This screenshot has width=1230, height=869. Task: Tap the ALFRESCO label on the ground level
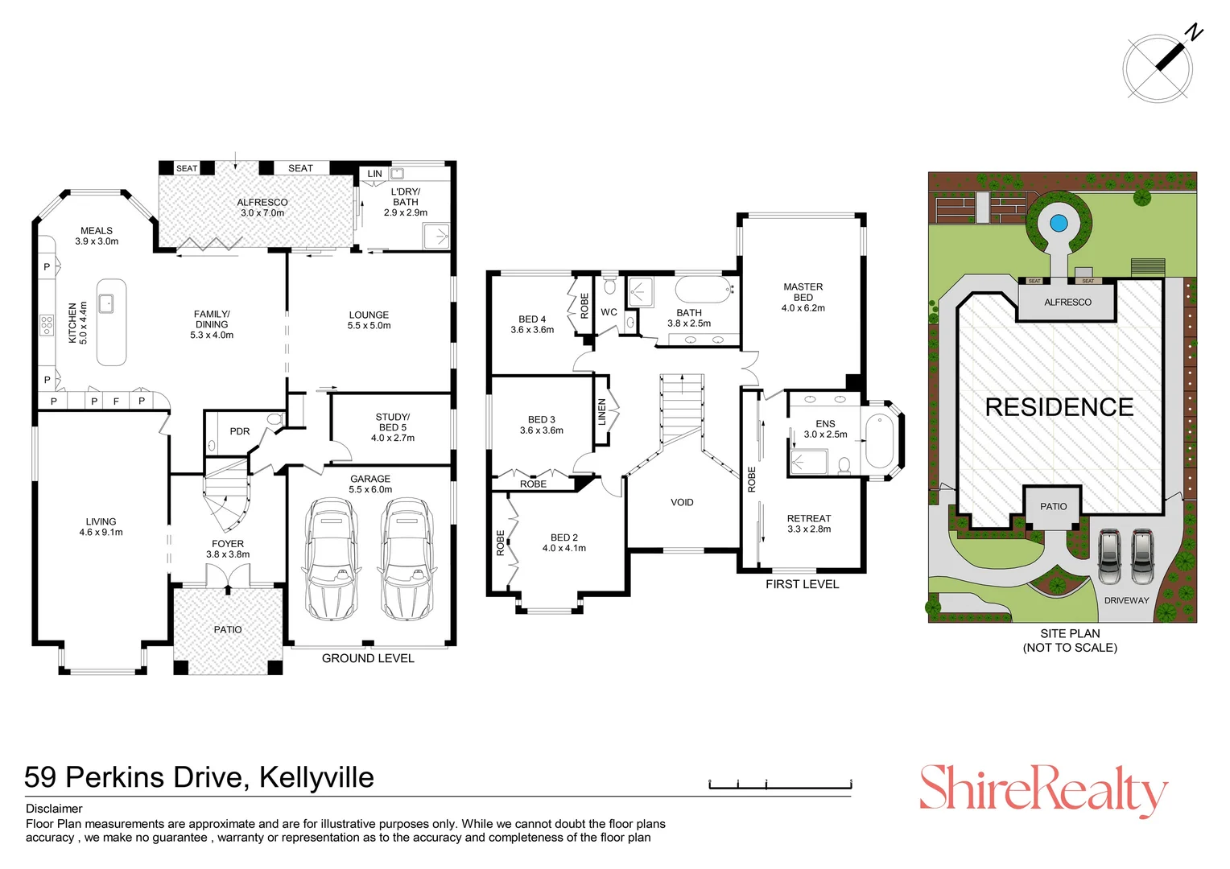(262, 203)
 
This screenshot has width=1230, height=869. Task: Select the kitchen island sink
(105, 303)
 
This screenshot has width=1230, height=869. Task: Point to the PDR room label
(240, 431)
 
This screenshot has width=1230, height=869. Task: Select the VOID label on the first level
(682, 502)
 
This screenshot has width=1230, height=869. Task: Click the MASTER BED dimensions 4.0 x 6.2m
(803, 308)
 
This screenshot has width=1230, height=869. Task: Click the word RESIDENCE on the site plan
(1059, 407)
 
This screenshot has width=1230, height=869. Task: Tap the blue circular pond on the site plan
(1059, 222)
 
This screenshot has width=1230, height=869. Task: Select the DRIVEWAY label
(1126, 600)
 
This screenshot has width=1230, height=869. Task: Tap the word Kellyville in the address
(316, 777)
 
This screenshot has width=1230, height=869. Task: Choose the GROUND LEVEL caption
(368, 658)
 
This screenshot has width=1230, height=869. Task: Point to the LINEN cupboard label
(602, 412)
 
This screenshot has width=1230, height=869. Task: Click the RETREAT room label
(809, 518)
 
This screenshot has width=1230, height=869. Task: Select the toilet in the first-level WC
(609, 286)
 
